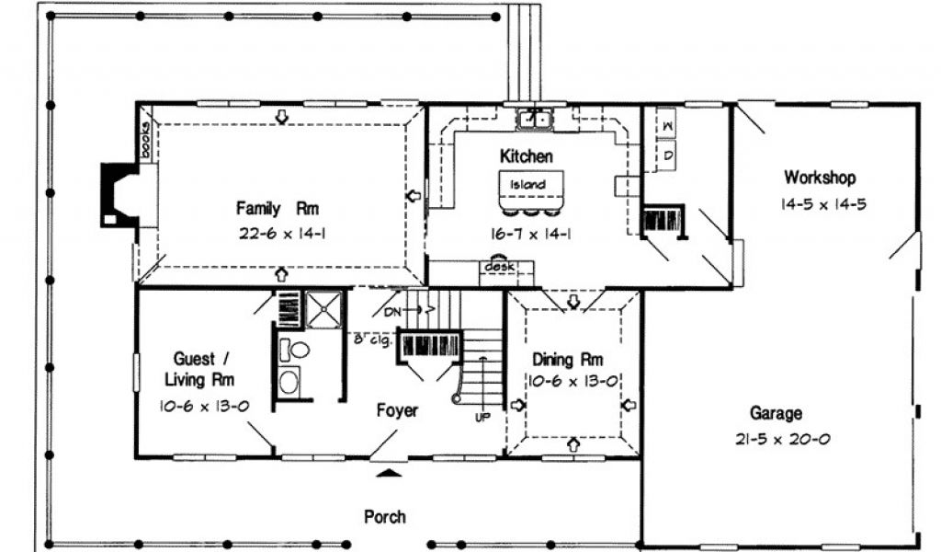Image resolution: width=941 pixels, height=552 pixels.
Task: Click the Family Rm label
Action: (277, 209)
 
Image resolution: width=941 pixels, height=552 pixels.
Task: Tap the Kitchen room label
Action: (527, 156)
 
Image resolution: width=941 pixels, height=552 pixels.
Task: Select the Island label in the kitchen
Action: (528, 184)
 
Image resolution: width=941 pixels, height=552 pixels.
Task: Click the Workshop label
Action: (820, 178)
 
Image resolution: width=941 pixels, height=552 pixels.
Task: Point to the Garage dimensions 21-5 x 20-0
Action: (783, 439)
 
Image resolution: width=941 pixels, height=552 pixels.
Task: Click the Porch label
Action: (385, 516)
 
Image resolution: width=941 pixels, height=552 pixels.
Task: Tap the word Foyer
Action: (397, 410)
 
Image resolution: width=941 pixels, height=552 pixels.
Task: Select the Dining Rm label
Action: (568, 359)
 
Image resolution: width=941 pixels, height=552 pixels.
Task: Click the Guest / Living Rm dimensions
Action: (204, 406)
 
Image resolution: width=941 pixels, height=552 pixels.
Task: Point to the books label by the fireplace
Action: (145, 141)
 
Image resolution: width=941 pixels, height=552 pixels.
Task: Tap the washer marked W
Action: (667, 126)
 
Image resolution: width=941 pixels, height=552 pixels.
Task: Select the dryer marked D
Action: (668, 155)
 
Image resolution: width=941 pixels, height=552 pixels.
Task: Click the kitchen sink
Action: (534, 119)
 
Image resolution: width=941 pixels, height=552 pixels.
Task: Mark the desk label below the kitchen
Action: (499, 266)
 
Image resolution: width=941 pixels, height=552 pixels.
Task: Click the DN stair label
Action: (392, 312)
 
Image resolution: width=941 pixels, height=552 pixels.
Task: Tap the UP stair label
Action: (482, 417)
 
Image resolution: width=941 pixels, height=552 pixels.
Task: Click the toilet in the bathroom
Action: (293, 350)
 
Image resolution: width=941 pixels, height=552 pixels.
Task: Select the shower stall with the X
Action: (323, 309)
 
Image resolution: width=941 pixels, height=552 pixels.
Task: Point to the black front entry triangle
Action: (390, 473)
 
